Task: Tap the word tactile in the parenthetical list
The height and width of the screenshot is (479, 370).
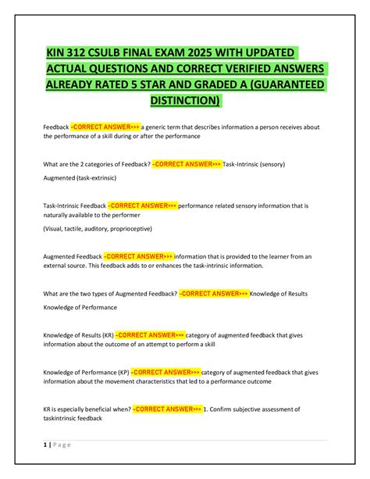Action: tap(76, 228)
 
